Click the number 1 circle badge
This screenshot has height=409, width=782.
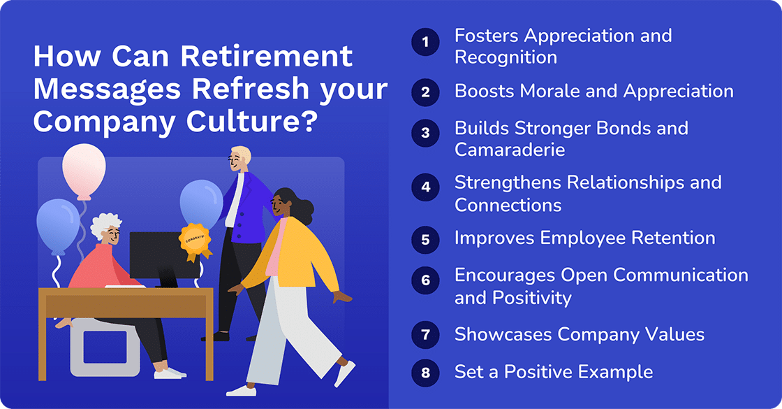425,43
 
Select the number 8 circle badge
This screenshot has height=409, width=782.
425,372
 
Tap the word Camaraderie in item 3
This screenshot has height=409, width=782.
510,149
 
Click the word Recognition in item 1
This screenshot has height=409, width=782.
506,57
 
